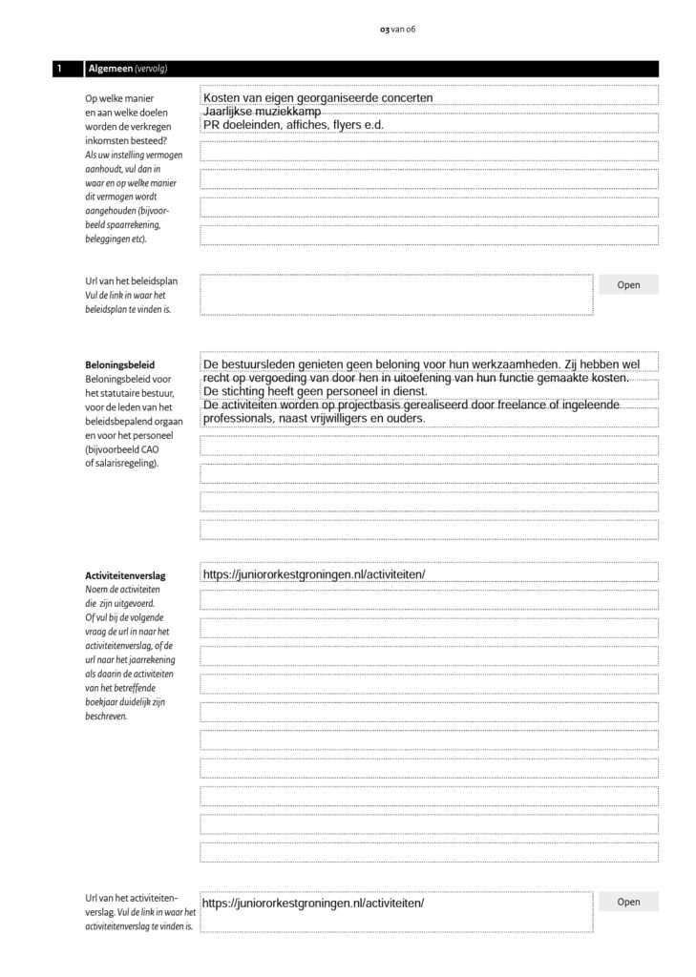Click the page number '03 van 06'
397,30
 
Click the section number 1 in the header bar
59,69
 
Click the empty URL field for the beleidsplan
395,294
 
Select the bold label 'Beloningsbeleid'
120,364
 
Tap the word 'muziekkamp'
290,112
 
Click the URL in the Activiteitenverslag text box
313,574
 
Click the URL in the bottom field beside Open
313,903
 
